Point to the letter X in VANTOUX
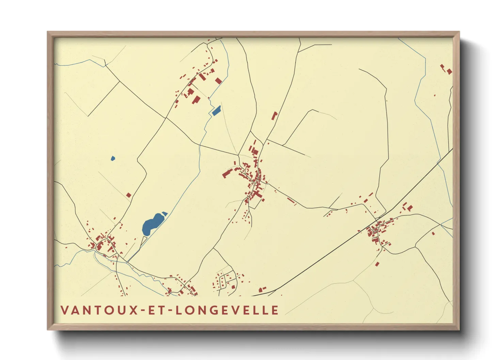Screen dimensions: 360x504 pyautogui.click(x=133, y=310)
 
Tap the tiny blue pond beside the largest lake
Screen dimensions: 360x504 pyautogui.click(x=165, y=214)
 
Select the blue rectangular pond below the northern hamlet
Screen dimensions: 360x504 pyautogui.click(x=216, y=111)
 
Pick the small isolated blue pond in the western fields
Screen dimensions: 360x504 pyautogui.click(x=113, y=158)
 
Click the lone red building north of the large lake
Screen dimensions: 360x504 pyautogui.click(x=129, y=195)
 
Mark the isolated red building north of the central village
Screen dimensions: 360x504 pyautogui.click(x=274, y=116)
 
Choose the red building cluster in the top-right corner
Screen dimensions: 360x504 pyautogui.click(x=446, y=69)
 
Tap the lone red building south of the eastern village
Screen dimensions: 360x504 pyautogui.click(x=377, y=264)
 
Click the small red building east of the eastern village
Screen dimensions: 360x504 pyautogui.click(x=433, y=233)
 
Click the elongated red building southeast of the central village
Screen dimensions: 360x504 pyautogui.click(x=291, y=201)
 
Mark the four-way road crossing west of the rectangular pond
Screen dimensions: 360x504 pyautogui.click(x=166, y=118)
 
